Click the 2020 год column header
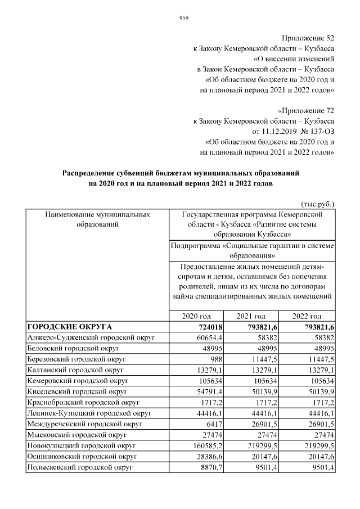196,316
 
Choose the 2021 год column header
251,316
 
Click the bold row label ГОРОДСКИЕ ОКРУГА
70,327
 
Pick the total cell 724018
208,327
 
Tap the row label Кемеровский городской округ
75,381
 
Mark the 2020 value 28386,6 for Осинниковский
206,456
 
